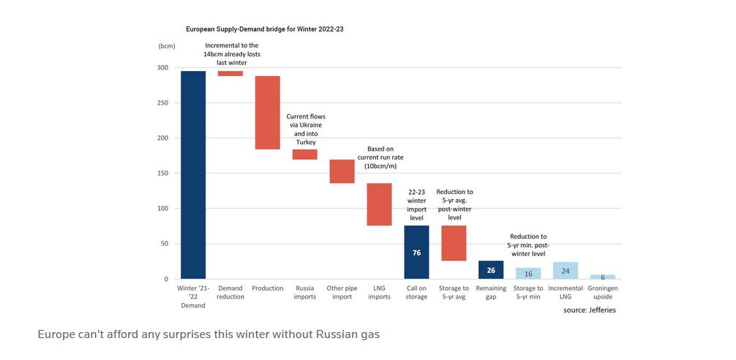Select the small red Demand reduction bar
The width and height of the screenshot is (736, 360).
point(230,73)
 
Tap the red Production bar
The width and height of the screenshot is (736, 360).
point(268,113)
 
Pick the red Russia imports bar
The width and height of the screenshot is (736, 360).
point(305,154)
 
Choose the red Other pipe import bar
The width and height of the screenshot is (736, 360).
point(342,171)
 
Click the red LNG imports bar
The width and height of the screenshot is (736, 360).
point(379,204)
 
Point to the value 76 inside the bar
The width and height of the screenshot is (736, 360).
point(416,253)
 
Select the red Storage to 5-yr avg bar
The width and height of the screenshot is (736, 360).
point(454,243)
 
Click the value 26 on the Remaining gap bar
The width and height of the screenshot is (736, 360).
point(491,270)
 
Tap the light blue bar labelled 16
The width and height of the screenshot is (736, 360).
point(528,273)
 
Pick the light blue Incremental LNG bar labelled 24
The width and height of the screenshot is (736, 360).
point(566,271)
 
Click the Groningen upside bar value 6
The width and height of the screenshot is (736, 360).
point(603,277)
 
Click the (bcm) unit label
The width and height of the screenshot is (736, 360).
point(167,45)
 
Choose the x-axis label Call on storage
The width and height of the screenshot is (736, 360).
point(416,292)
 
